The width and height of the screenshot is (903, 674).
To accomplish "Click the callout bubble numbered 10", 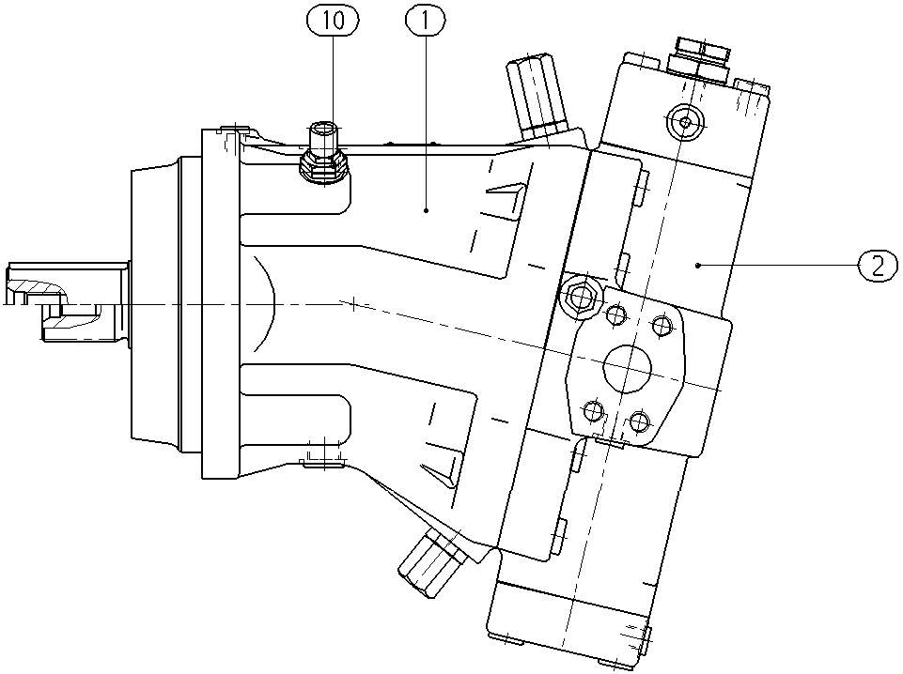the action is click(x=333, y=21).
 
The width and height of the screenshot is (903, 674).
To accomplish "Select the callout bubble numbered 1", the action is click(x=426, y=21).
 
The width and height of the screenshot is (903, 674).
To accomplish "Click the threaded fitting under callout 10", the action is click(x=323, y=154).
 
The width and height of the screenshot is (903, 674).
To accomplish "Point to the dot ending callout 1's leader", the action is click(x=427, y=210).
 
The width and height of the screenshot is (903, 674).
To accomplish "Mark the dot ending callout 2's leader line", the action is click(x=697, y=265).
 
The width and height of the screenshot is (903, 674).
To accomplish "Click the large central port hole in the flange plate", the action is click(x=627, y=368).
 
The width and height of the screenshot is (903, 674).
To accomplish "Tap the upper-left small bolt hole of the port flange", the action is click(x=616, y=314).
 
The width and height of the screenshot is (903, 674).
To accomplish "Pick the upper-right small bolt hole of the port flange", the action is click(x=662, y=325).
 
